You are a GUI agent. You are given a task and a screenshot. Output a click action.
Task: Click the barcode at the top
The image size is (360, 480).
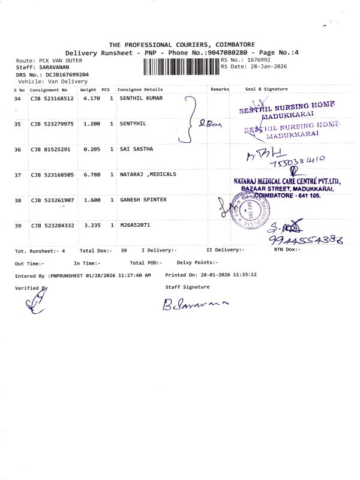click(x=181, y=64)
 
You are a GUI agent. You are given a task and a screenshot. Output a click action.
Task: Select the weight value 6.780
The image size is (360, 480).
click(x=91, y=175)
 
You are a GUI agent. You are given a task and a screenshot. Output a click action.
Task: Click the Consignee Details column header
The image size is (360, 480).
click(x=140, y=89)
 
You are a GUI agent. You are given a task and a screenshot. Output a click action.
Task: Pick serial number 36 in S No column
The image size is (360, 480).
click(x=17, y=149)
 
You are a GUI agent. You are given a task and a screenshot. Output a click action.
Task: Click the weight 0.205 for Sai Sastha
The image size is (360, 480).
click(x=91, y=149)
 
